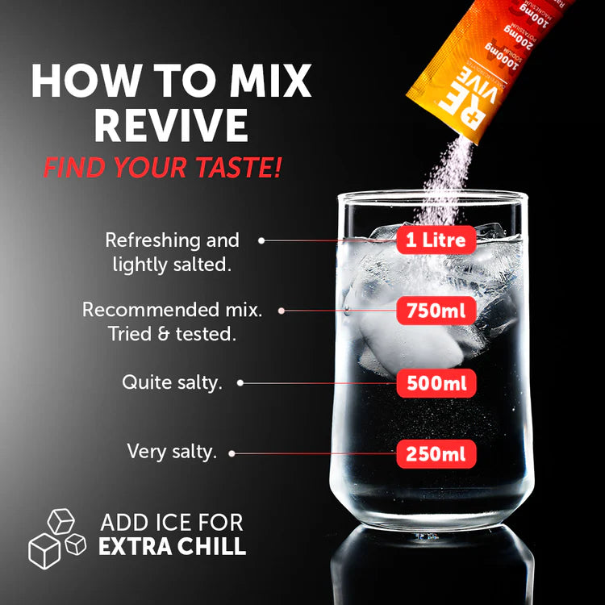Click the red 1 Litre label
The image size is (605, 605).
[436, 240]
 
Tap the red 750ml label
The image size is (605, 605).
[436, 311]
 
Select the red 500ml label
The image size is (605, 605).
[436, 382]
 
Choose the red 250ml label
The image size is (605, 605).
[436, 454]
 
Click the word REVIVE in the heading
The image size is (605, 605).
[170, 126]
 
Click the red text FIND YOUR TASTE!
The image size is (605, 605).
[163, 168]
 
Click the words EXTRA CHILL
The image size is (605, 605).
[172, 546]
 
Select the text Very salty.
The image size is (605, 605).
[172, 452]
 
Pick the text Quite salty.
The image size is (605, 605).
[172, 382]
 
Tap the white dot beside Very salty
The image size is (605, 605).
[232, 453]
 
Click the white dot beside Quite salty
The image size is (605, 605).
[240, 383]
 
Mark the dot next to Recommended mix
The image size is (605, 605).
[282, 310]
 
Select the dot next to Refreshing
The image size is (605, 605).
[261, 240]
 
